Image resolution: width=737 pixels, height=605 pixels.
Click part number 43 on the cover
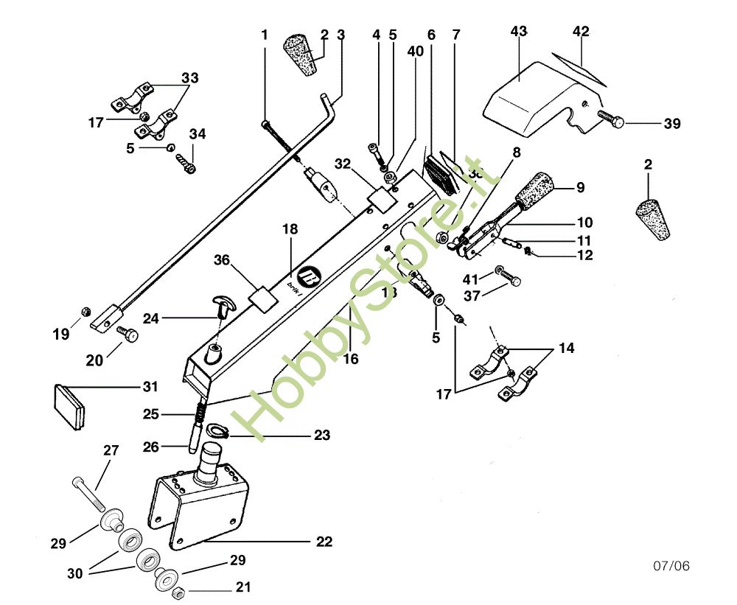pos(519,32)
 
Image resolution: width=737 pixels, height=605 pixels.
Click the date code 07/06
pos(671,566)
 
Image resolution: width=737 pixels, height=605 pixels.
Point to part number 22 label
pos(324,542)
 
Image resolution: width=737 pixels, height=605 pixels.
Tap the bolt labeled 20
pos(128,335)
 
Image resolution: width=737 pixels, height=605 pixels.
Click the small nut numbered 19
pos(85,310)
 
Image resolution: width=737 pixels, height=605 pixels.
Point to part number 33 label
pos(190,77)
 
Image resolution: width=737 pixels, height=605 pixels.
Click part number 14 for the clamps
pos(566,348)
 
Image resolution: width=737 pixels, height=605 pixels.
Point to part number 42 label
pos(581,32)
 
